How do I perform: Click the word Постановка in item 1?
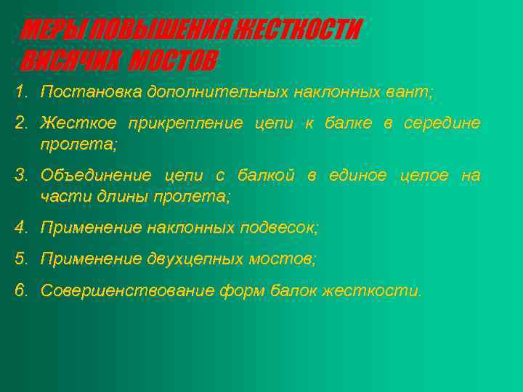point(91,93)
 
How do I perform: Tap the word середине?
point(442,123)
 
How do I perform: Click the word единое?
point(357,176)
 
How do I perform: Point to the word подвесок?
point(278,228)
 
